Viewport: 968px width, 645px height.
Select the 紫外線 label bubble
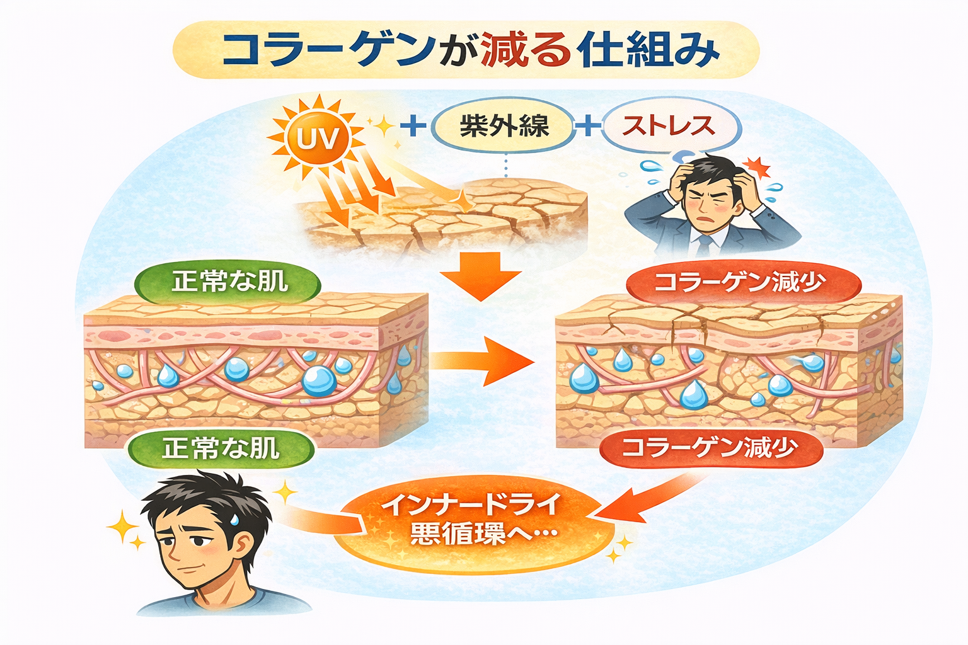[x=504, y=127]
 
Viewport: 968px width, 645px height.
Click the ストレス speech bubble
[x=669, y=126]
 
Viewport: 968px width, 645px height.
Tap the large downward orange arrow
[x=481, y=276]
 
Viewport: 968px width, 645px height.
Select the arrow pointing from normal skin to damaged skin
[x=482, y=360]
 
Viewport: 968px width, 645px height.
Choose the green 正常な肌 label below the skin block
[x=221, y=448]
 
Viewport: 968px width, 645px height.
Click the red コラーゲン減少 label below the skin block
[x=710, y=448]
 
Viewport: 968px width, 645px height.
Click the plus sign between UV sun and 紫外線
[x=413, y=125]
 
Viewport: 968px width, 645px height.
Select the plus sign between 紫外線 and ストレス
[x=588, y=125]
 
